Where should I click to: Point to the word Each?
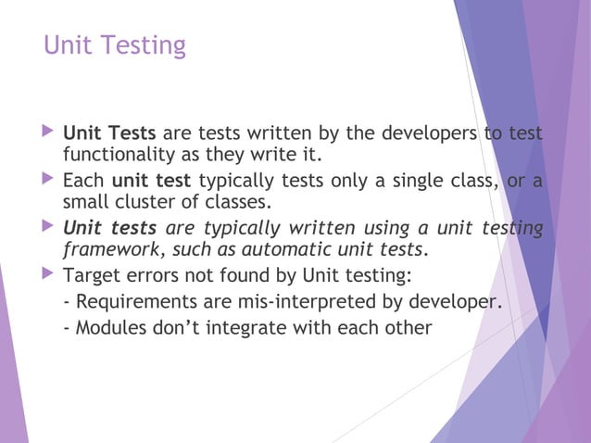click(83, 178)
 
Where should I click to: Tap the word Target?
click(93, 274)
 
